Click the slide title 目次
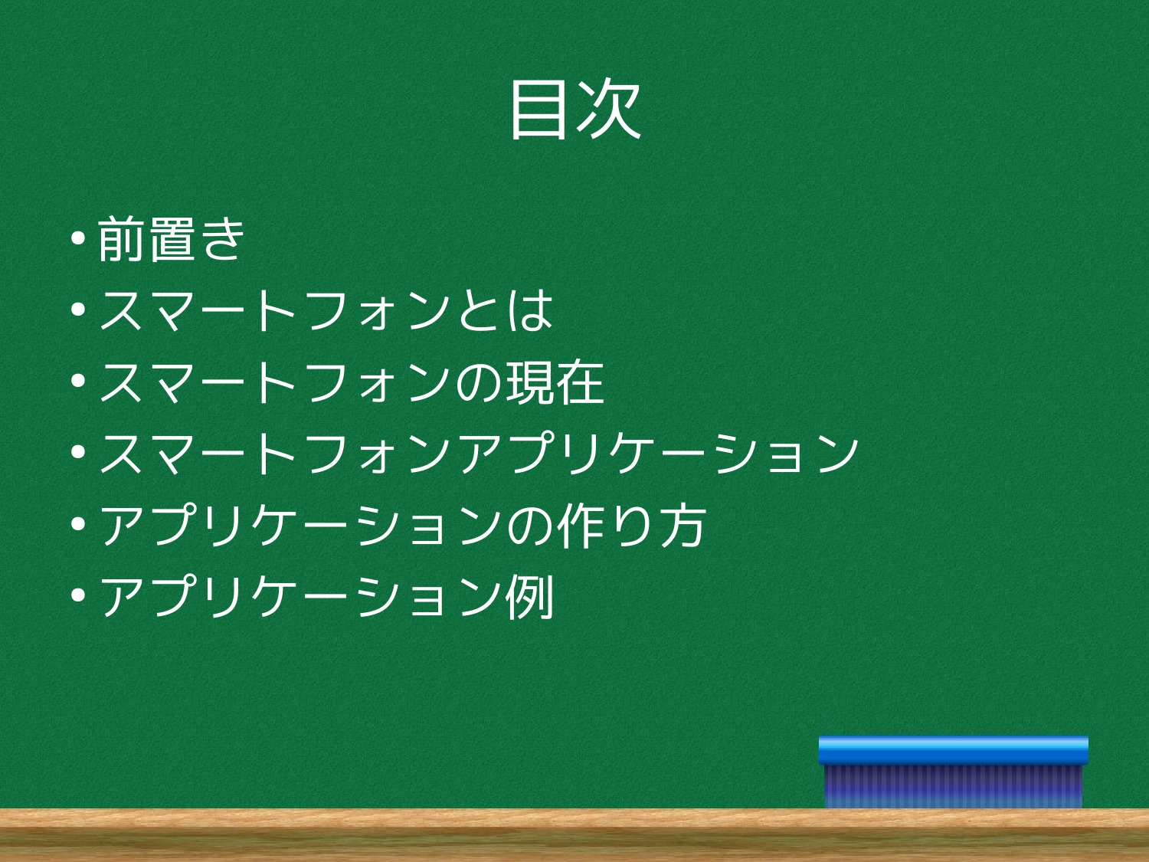click(x=575, y=110)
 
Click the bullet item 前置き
click(x=171, y=239)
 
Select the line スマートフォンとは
click(x=325, y=310)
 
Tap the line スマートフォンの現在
click(x=352, y=382)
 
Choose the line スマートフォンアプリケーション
click(x=479, y=454)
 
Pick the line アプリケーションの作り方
click(x=403, y=525)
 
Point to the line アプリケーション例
click(x=326, y=596)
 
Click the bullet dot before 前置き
click(x=78, y=238)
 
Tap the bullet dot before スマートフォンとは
click(x=78, y=310)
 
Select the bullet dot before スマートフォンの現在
click(x=78, y=382)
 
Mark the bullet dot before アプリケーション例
click(x=78, y=595)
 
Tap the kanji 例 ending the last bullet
click(x=530, y=597)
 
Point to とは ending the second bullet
click(x=505, y=310)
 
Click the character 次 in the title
click(x=609, y=110)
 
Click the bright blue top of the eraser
click(x=953, y=750)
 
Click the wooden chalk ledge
click(x=574, y=835)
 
